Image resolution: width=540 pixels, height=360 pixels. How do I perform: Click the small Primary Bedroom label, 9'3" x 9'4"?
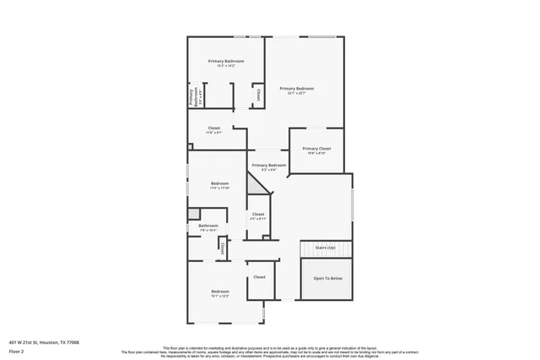(x=268, y=166)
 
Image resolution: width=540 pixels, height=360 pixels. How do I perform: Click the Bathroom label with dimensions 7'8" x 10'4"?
(x=208, y=226)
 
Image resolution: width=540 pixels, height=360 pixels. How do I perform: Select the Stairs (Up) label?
(x=326, y=248)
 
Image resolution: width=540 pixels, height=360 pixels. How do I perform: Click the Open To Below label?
(x=328, y=278)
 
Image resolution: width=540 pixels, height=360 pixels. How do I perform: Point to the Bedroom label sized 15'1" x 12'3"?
(x=219, y=292)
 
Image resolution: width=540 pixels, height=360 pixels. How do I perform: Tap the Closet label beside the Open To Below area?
(x=259, y=277)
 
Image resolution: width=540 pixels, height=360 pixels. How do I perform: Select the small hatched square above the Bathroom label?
(x=194, y=214)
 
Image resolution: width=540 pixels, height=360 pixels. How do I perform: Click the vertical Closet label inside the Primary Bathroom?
(x=257, y=93)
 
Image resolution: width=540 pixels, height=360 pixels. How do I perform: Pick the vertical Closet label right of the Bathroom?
(x=222, y=248)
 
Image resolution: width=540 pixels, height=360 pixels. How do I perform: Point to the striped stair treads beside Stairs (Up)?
(x=326, y=252)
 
